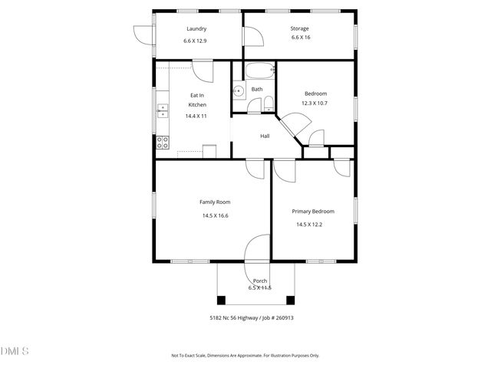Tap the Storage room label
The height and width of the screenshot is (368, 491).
pos(299,28)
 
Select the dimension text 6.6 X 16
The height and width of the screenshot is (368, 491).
pos(299,38)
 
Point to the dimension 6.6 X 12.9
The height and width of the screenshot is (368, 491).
pos(196,40)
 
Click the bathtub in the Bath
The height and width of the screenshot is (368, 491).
pos(259,74)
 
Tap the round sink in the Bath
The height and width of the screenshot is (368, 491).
pos(239,91)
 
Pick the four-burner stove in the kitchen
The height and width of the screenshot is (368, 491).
pos(163,142)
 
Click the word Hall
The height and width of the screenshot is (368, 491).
pos(265,136)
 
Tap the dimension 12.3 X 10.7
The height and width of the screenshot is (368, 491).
pos(314,103)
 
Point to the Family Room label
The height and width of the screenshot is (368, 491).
pos(215,202)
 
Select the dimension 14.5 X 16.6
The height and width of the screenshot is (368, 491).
pos(215,215)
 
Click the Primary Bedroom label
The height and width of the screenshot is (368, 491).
pos(313,211)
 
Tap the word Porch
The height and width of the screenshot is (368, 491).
pos(260,281)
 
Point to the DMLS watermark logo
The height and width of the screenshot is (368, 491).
pos(15,351)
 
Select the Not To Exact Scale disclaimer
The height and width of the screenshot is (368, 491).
pos(245,356)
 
